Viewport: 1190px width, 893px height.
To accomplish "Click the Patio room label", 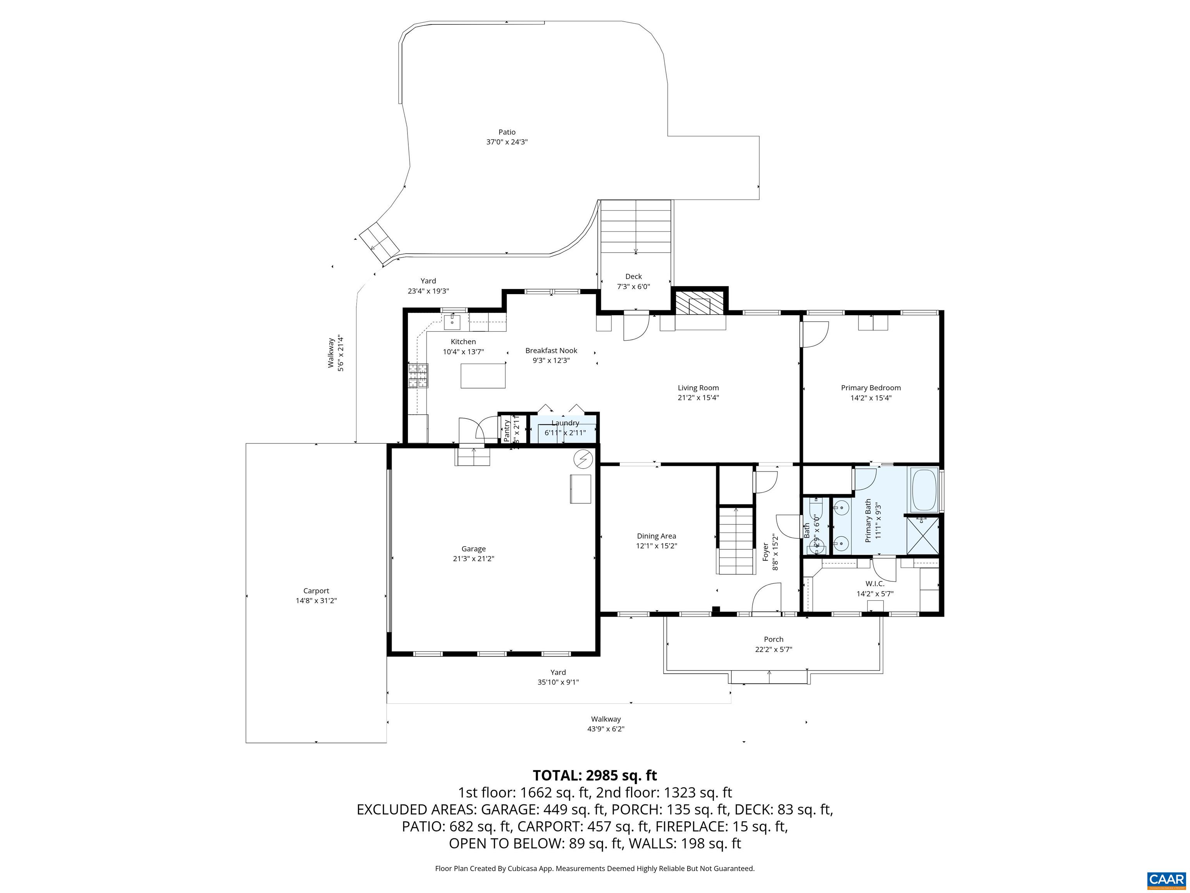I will point(506,132).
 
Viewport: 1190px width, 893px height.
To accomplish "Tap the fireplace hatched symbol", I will point(699,304).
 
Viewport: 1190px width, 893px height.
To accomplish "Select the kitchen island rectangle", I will point(483,375).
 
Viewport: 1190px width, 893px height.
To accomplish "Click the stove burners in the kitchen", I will point(418,376).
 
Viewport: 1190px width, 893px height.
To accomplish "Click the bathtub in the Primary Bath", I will point(924,490).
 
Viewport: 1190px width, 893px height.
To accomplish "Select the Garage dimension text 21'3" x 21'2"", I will point(473,559).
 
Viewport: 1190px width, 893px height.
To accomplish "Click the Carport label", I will point(316,591).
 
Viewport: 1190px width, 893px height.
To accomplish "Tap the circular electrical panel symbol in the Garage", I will point(583,460).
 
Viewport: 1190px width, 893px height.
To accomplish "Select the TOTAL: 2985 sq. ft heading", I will point(595,776).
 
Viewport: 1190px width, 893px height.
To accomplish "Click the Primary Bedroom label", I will point(870,388).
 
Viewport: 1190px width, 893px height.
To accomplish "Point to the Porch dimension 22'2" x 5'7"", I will point(773,650).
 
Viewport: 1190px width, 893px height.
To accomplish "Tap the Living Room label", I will point(698,388).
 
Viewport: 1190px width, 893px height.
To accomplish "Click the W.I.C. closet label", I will point(875,583).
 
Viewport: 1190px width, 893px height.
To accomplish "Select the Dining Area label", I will point(656,536).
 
